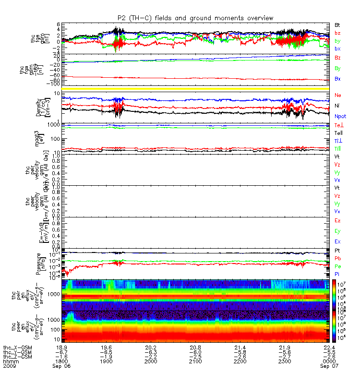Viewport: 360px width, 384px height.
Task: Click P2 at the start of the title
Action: [x=121, y=18]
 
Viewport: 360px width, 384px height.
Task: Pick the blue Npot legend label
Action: [x=339, y=116]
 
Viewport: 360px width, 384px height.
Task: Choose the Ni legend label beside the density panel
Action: [x=337, y=105]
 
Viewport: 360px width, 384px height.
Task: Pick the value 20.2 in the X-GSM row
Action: [x=151, y=348]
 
